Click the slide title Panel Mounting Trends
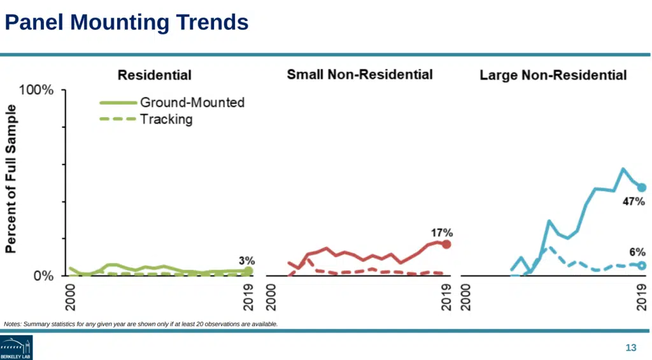[126, 22]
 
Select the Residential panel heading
[155, 75]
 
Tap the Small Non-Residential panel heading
[360, 75]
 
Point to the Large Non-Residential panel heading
[553, 75]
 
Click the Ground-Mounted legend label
[192, 103]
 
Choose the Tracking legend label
[166, 119]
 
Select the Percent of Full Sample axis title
[11, 179]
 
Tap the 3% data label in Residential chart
[247, 261]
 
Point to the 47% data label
[634, 202]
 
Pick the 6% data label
[637, 252]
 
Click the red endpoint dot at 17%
[446, 244]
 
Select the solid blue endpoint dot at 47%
[642, 187]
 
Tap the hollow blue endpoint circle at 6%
[642, 265]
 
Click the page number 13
[631, 347]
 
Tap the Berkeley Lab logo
[16, 348]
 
